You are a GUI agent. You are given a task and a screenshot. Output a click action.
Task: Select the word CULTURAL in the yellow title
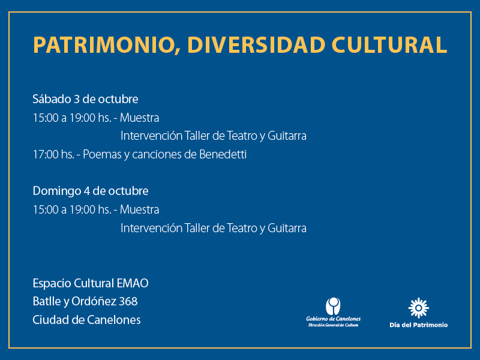pyautogui.click(x=389, y=45)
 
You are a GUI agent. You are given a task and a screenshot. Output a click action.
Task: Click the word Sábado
pyautogui.click(x=52, y=99)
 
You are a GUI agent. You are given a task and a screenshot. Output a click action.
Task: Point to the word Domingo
pyautogui.click(x=56, y=191)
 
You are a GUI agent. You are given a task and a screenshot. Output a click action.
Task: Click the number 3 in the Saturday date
pyautogui.click(x=77, y=100)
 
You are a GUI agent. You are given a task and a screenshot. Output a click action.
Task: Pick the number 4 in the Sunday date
pyautogui.click(x=86, y=191)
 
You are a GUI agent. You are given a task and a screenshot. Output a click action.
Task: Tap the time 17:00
pyautogui.click(x=46, y=155)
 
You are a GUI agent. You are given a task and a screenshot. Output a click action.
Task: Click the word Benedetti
pyautogui.click(x=223, y=154)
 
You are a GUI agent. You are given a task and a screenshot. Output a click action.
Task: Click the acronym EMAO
pyautogui.click(x=133, y=283)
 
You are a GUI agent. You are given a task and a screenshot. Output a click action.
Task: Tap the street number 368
pyautogui.click(x=128, y=302)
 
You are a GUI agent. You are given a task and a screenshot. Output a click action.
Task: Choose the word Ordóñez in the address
pyautogui.click(x=94, y=302)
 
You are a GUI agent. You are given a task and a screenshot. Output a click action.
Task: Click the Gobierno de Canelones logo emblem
pyautogui.click(x=333, y=306)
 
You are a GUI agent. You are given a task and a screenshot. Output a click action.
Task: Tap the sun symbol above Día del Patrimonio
pyautogui.click(x=418, y=308)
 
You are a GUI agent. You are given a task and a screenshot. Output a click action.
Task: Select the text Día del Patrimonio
pyautogui.click(x=418, y=325)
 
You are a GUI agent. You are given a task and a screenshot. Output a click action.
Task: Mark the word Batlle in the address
pyautogui.click(x=47, y=302)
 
